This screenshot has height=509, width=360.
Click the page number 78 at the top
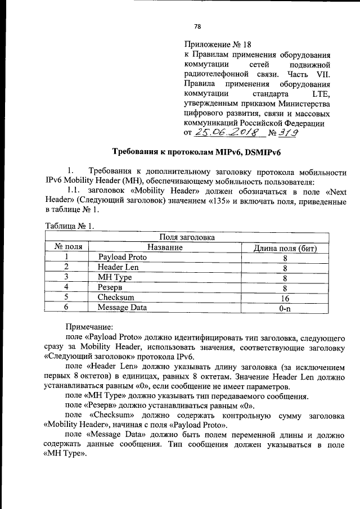click(x=197, y=26)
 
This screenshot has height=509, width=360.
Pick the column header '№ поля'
click(x=68, y=247)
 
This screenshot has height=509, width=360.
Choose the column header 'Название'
click(x=165, y=247)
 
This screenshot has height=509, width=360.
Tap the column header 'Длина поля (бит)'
click(x=285, y=247)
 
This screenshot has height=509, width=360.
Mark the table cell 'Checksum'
click(x=115, y=298)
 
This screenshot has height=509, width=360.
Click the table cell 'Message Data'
click(x=122, y=308)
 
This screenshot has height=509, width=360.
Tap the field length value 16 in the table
click(x=285, y=298)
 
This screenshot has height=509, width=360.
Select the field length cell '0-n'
click(x=285, y=308)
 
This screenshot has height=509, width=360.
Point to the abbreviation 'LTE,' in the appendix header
click(x=321, y=92)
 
